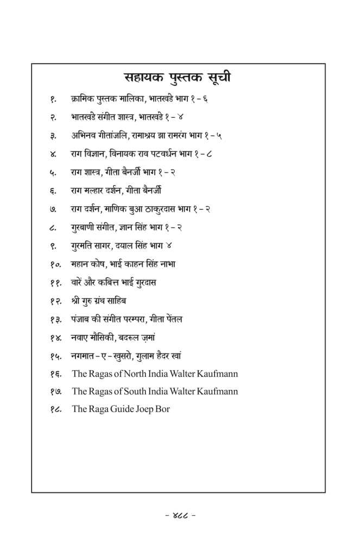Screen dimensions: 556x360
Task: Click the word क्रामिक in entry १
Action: [81, 100]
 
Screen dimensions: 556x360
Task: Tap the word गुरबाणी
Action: [85, 228]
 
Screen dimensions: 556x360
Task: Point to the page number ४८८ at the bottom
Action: [180, 514]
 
